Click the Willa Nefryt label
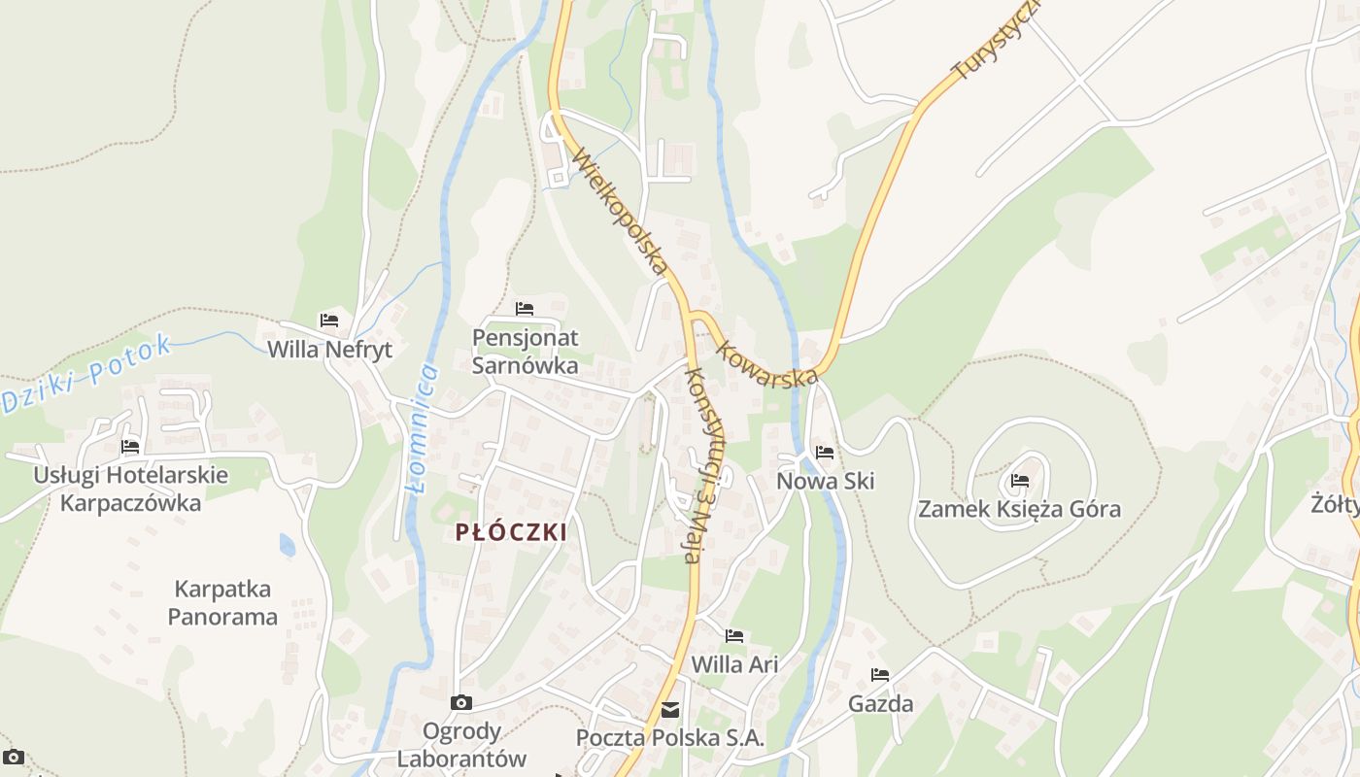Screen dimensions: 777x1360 coord(329,350)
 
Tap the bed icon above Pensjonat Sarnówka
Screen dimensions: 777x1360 coord(525,309)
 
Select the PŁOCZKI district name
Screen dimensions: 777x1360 coord(511,531)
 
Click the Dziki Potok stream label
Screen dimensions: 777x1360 coord(86,374)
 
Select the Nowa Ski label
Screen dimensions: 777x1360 coord(825,481)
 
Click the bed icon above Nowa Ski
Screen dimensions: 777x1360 coord(825,452)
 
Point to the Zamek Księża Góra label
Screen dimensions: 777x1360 coord(1019,509)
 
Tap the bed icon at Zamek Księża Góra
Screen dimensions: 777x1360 coord(1019,480)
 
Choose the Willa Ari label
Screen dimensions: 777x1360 coord(734,664)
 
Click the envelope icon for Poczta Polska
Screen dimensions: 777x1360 coord(670,710)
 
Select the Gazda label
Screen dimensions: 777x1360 coord(880,704)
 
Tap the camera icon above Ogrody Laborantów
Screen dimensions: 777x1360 coord(461,702)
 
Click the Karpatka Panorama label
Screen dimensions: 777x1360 coord(222,602)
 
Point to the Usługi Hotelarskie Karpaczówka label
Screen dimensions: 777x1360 coord(130,489)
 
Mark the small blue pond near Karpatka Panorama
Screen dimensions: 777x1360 coord(288,545)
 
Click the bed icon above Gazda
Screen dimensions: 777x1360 coord(880,675)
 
